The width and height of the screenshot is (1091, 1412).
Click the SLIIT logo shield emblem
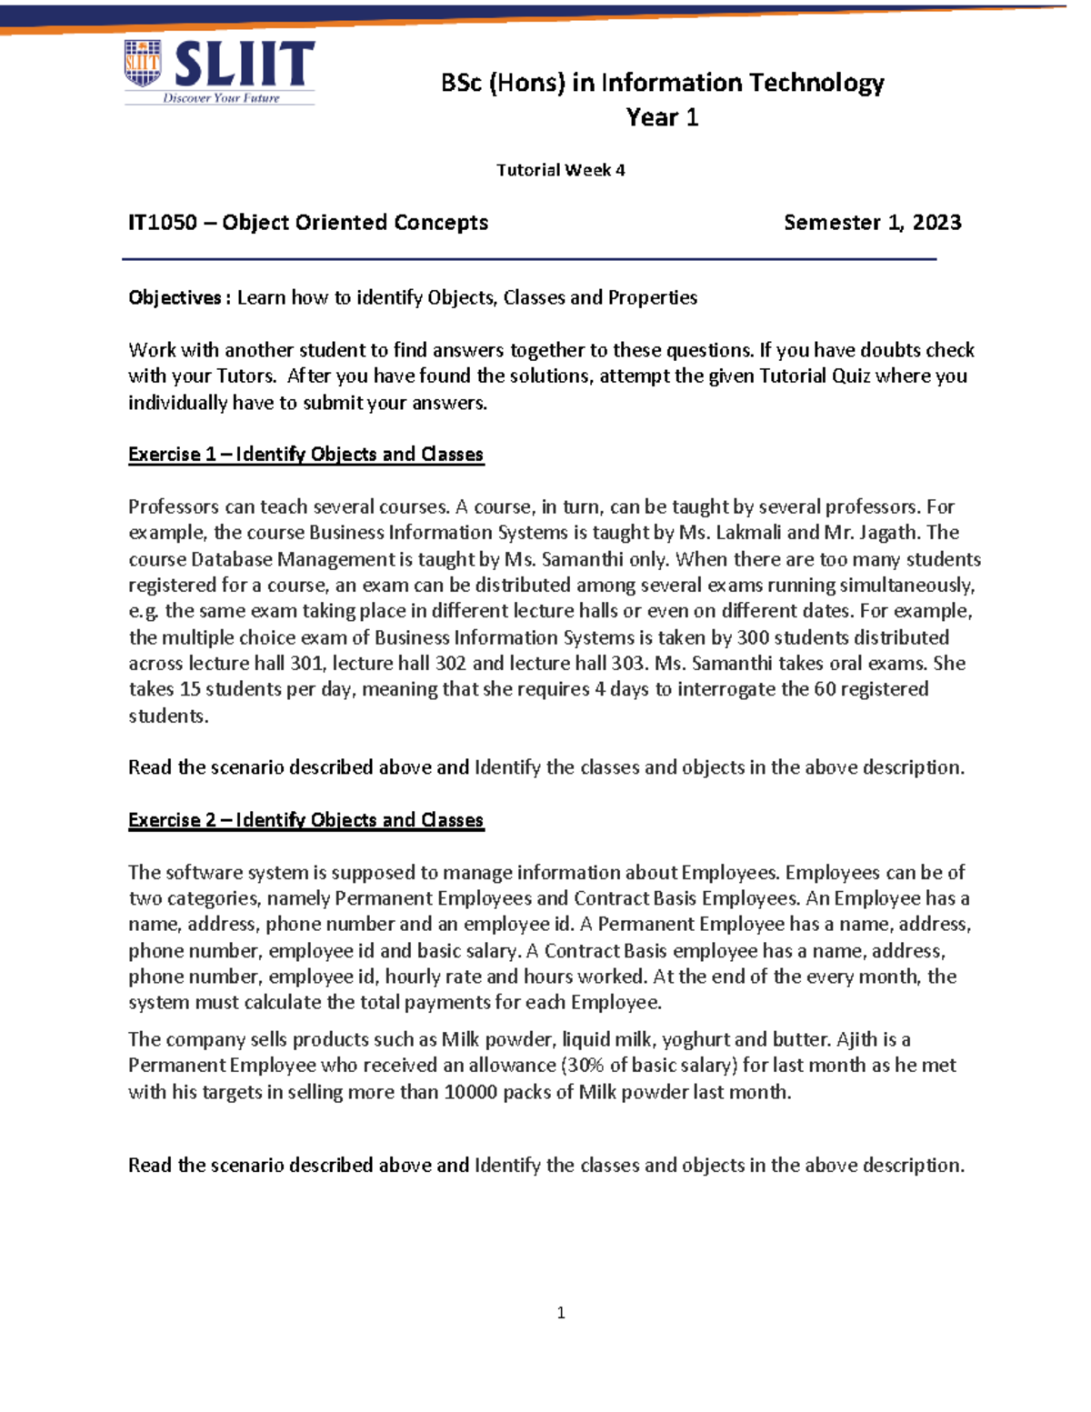coord(143,64)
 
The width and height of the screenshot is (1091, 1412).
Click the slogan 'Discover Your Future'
coord(221,98)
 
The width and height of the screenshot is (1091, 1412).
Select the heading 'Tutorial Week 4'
coord(560,170)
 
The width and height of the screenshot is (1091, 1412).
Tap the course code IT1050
coord(162,223)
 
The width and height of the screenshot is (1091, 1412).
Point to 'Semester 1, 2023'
coord(872,223)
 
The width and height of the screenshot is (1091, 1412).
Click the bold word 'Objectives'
coord(175,298)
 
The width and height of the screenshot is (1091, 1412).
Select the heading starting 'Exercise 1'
coord(305,455)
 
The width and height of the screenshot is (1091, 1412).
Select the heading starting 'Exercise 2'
coord(305,820)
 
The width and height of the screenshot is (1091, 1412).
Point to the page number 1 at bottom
coord(560,1312)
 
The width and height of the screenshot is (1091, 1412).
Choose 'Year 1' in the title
coord(662,118)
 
